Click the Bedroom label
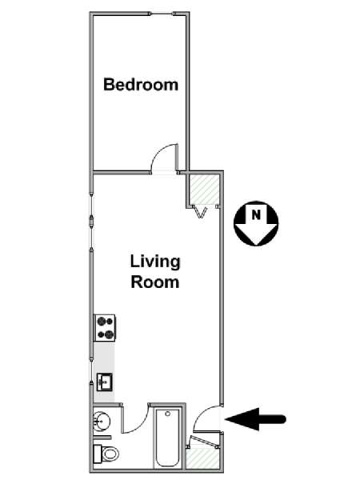pyautogui.click(x=141, y=85)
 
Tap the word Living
pyautogui.click(x=155, y=262)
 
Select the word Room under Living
pyautogui.click(x=155, y=282)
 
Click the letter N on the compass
pyautogui.click(x=256, y=215)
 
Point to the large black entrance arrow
pyautogui.click(x=256, y=418)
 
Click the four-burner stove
pyautogui.click(x=104, y=327)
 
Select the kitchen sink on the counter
pyautogui.click(x=105, y=382)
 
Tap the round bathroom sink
pyautogui.click(x=102, y=422)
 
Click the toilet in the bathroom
pyautogui.click(x=106, y=454)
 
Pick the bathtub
pyautogui.click(x=167, y=438)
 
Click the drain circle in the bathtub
pyautogui.click(x=167, y=414)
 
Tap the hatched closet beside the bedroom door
pyautogui.click(x=203, y=189)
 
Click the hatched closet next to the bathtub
pyautogui.click(x=202, y=458)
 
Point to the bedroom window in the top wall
pyautogui.click(x=162, y=14)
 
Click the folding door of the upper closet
pyautogui.click(x=201, y=211)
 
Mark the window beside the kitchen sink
pyautogui.click(x=91, y=369)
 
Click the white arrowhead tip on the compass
pyautogui.click(x=256, y=245)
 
